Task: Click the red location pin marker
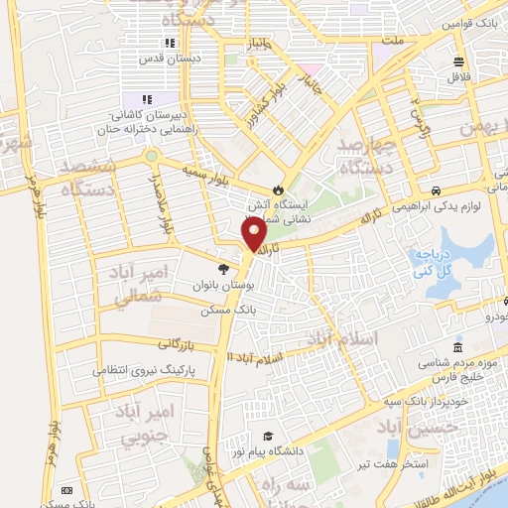[255, 234]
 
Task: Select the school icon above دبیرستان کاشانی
[147, 99]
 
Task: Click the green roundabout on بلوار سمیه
[152, 155]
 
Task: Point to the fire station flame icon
[278, 190]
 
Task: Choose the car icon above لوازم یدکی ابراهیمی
[436, 190]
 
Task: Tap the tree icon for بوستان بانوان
[222, 268]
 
